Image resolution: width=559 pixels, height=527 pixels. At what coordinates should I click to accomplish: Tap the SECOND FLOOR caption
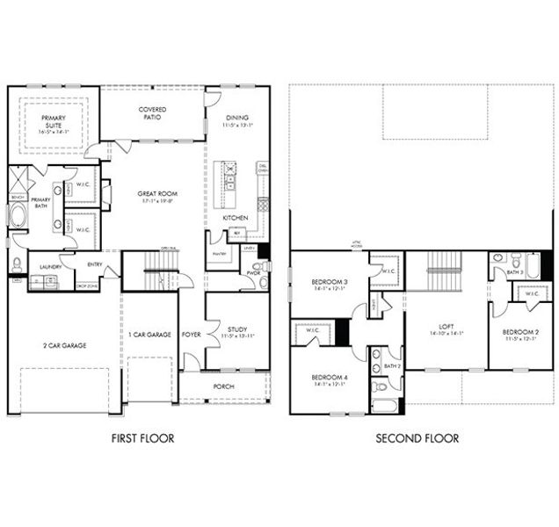coord(417,437)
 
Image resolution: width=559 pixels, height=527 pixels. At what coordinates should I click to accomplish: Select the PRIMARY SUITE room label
coord(53,125)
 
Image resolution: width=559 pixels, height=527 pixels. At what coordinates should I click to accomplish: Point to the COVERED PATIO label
coord(151,114)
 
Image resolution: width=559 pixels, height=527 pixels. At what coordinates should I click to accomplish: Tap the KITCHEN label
coord(235,217)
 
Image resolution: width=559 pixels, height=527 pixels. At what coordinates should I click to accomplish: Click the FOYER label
coord(191,335)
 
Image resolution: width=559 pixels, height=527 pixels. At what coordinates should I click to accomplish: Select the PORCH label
coord(224,386)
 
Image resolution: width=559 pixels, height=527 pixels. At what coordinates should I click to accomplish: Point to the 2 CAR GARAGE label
coord(62,346)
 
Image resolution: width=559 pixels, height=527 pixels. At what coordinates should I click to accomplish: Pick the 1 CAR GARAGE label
coord(149,335)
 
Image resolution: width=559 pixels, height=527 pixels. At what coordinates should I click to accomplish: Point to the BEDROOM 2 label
coord(519,333)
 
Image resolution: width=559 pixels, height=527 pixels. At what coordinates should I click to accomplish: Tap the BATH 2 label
coord(391,365)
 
